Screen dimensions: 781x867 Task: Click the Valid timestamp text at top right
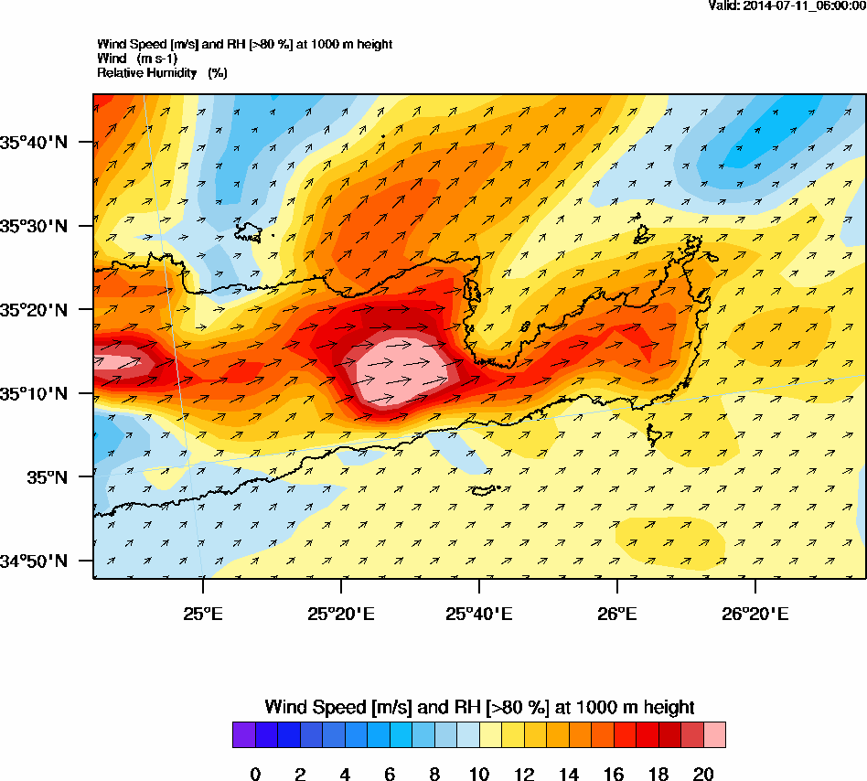[x=787, y=5]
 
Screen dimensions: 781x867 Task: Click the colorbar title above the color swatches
[x=478, y=707]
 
